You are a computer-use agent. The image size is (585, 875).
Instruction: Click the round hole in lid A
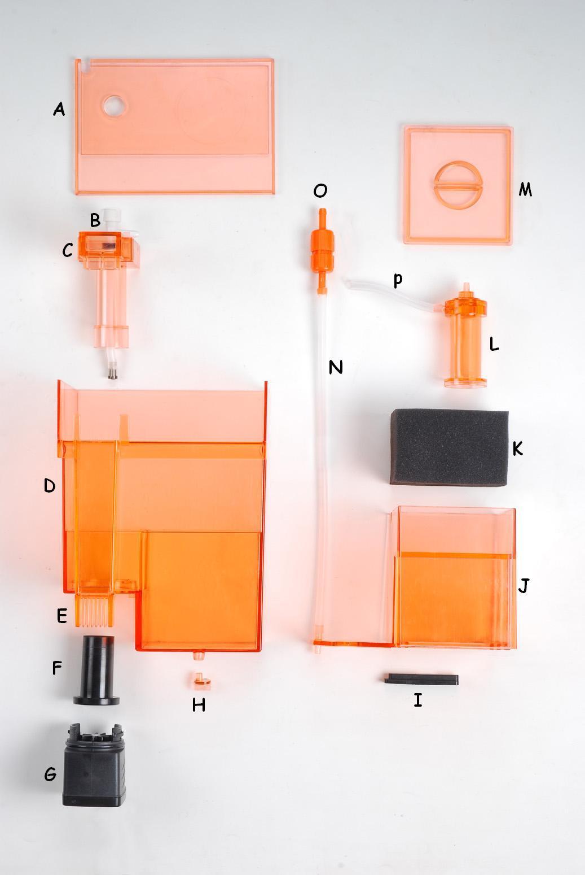point(115,106)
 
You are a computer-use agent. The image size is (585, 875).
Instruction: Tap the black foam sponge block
point(449,447)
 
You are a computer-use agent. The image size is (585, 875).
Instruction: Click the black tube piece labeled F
point(96,671)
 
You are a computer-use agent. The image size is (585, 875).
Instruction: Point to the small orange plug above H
point(202,681)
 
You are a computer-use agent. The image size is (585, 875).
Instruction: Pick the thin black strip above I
point(421,680)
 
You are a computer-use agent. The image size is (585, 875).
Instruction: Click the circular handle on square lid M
point(458,185)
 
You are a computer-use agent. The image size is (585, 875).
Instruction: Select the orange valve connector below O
point(322,250)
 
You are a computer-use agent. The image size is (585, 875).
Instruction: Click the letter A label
point(59,109)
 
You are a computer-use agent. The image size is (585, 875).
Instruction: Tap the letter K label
point(517,449)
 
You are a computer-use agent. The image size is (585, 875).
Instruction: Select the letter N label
point(336,367)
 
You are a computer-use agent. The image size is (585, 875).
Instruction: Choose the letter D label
point(50,486)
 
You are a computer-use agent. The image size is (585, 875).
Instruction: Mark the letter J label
point(524,586)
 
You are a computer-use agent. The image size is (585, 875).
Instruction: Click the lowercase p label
point(397,280)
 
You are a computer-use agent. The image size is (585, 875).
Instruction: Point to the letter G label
point(50,774)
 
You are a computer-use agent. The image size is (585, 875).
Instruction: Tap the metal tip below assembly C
point(113,372)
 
